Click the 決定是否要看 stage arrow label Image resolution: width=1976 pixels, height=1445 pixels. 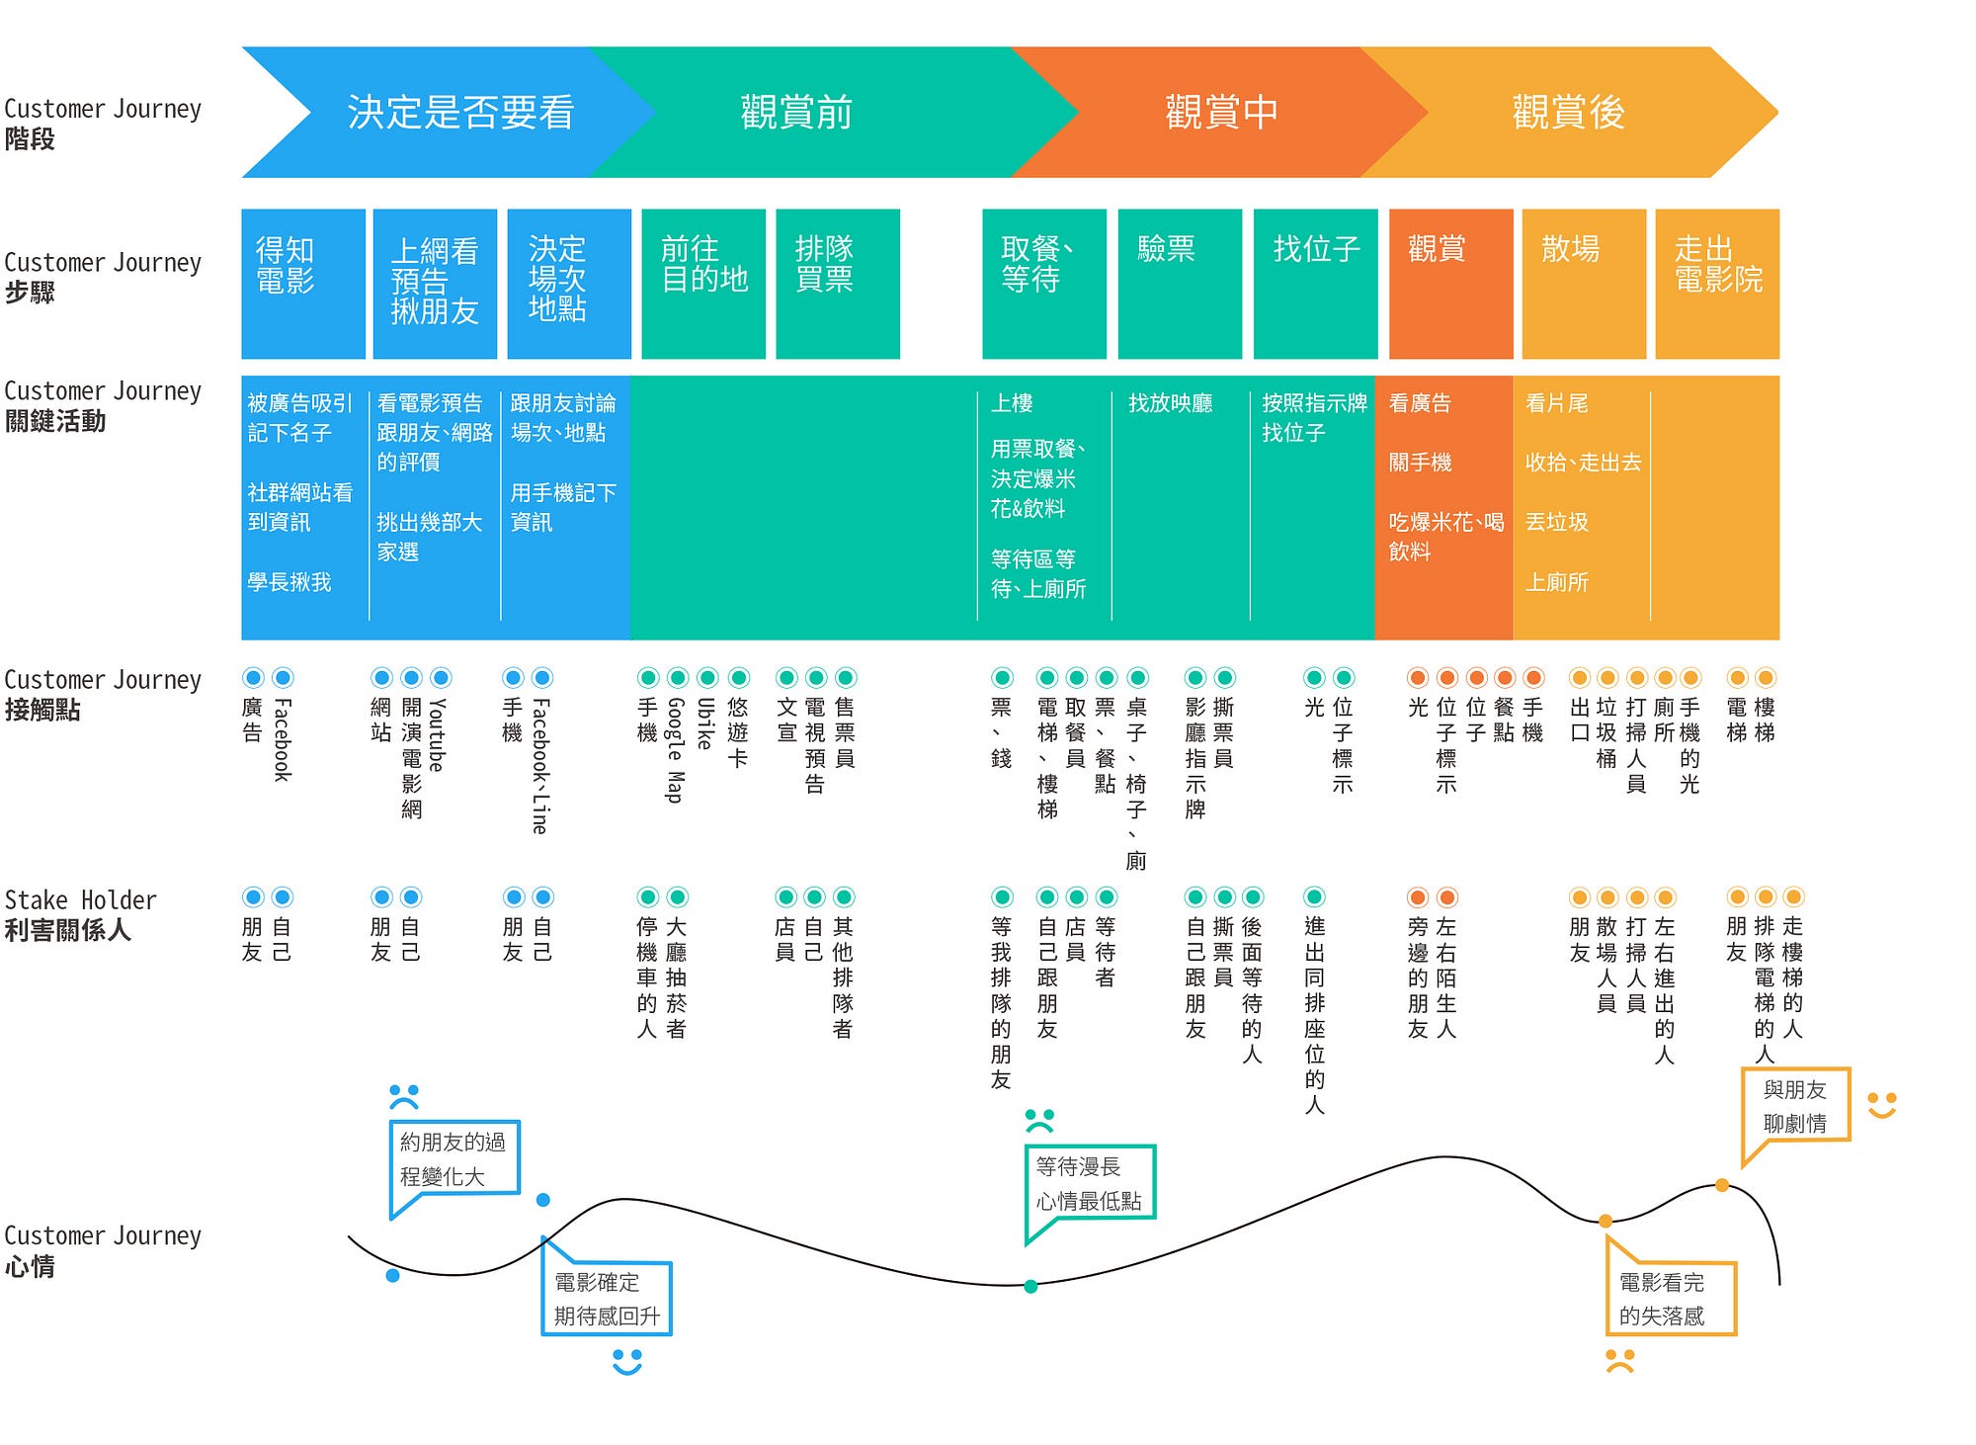460,113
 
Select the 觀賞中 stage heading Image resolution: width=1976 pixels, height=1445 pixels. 1221,113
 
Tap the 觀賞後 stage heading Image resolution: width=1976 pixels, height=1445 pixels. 1568,113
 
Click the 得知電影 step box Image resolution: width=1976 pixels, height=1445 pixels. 303,284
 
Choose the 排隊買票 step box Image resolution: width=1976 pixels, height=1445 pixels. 838,284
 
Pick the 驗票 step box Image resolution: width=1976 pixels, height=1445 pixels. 1180,284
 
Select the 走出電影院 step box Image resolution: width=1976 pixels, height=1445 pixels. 1717,284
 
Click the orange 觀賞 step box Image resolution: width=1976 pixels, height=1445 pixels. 1450,284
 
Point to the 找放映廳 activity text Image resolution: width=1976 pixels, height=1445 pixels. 1171,403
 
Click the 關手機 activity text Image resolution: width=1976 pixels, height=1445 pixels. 1421,463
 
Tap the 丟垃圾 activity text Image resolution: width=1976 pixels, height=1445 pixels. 1557,522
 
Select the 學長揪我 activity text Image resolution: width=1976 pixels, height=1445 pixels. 289,582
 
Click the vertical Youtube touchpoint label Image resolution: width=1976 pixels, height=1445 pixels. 438,734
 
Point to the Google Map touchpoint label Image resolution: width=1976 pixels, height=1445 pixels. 676,750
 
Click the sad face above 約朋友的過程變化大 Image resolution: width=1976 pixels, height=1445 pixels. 404,1097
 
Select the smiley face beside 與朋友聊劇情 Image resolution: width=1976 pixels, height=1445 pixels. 1882,1105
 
